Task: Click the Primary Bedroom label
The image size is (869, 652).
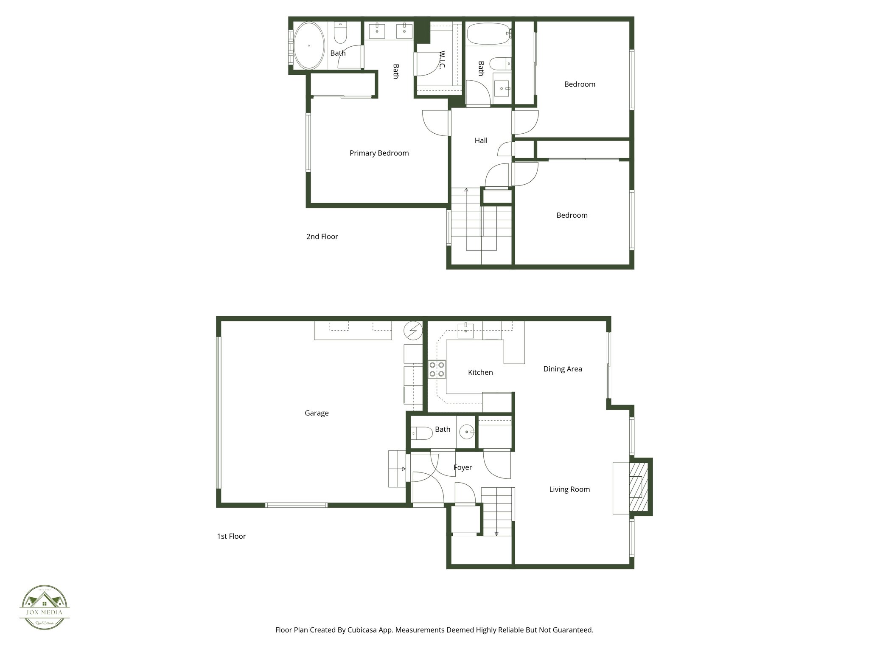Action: click(379, 153)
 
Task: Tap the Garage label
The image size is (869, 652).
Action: click(317, 413)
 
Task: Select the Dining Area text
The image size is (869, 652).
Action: click(562, 369)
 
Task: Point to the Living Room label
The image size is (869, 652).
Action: click(569, 489)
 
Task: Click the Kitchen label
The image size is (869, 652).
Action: click(480, 372)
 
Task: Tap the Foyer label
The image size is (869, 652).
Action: click(463, 467)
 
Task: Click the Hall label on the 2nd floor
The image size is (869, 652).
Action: click(481, 141)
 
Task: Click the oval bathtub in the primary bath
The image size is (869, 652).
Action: click(309, 45)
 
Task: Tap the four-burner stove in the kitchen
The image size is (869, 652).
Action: click(437, 369)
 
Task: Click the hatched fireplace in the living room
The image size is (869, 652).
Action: click(638, 486)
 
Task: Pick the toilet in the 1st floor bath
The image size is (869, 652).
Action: click(421, 433)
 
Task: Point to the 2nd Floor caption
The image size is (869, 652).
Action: click(322, 236)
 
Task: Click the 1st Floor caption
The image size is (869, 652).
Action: click(231, 536)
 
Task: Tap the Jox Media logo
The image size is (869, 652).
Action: click(45, 607)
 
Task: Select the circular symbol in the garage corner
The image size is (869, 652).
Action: click(413, 331)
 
